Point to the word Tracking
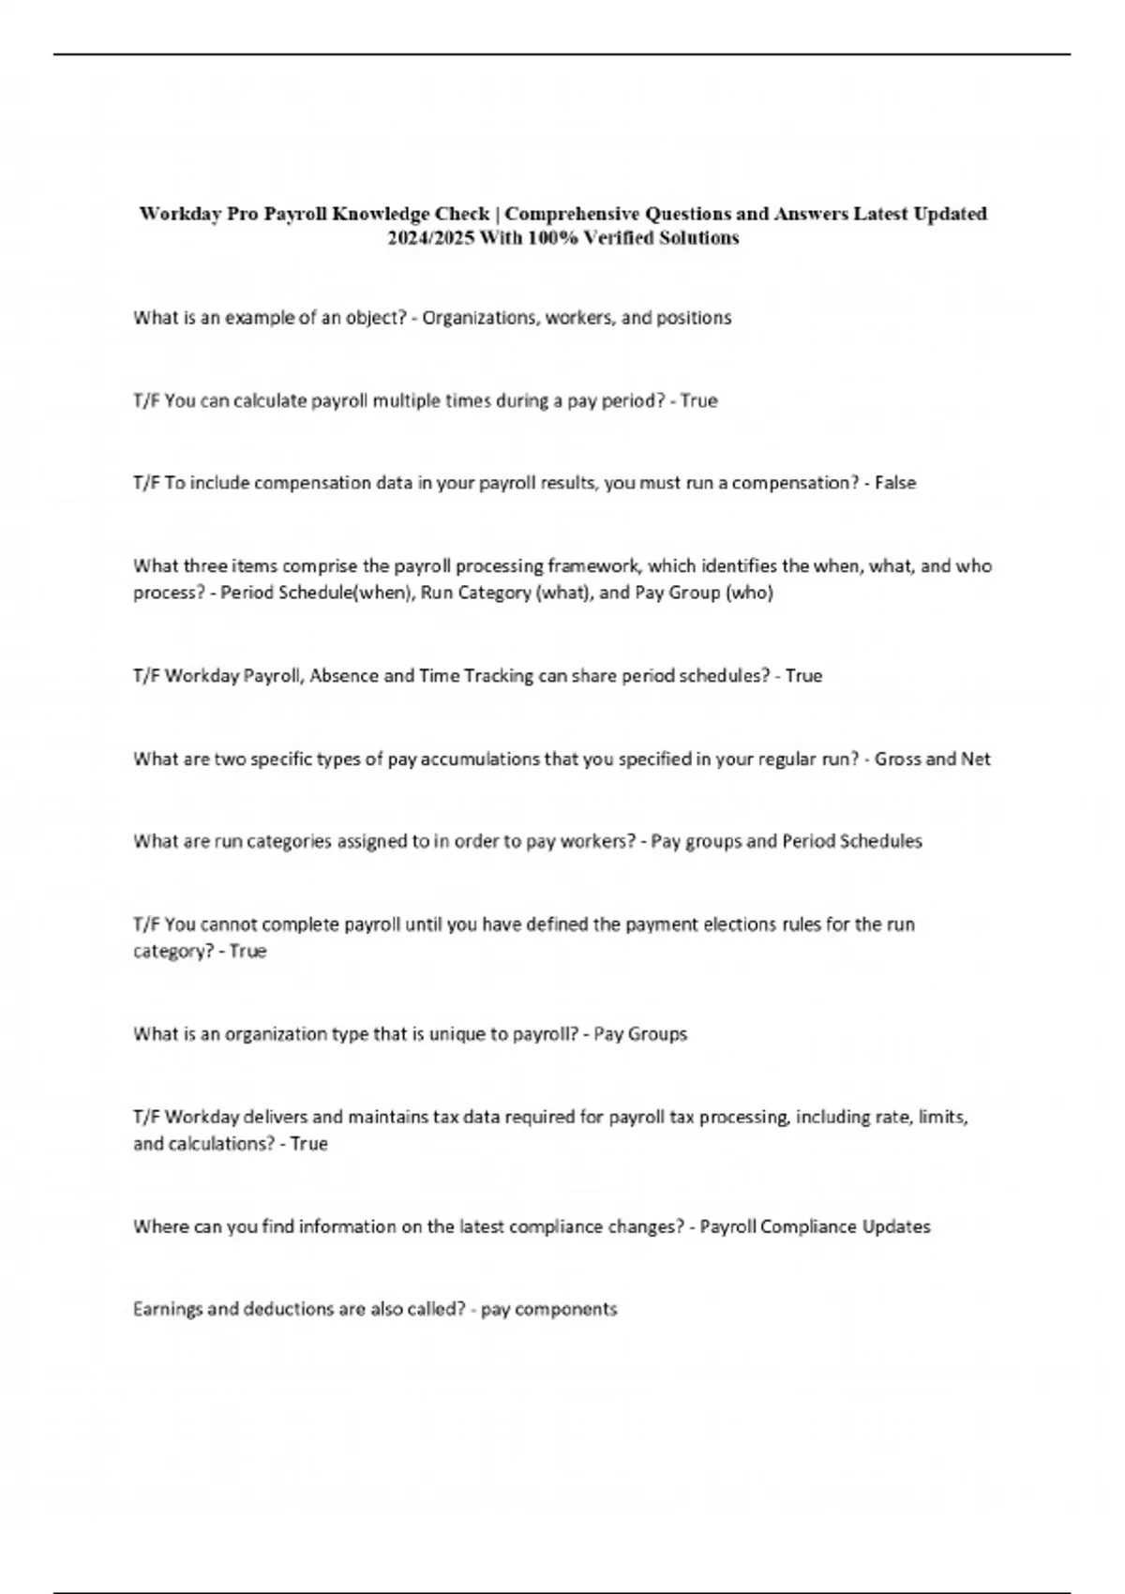(500, 676)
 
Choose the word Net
(975, 759)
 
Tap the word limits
(942, 1118)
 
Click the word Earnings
(168, 1310)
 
